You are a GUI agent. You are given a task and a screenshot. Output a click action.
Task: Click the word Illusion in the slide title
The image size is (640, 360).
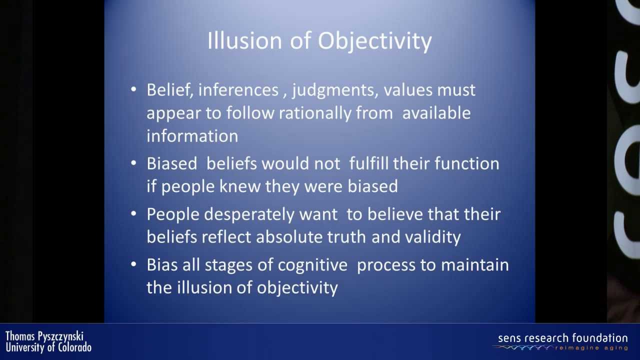(245, 40)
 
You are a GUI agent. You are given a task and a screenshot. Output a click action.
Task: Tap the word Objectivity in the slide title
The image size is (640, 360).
(374, 41)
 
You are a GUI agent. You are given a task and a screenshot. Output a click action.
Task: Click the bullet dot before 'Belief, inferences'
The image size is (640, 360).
(133, 89)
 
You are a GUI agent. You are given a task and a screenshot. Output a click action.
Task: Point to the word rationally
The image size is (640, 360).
(315, 113)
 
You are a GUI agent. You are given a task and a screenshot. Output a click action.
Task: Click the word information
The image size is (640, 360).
(192, 135)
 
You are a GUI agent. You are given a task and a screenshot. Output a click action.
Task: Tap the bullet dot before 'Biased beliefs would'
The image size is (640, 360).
(133, 163)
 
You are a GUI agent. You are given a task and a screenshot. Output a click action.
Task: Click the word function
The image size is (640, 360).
(467, 163)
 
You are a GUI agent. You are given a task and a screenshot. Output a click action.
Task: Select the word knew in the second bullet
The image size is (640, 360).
(240, 186)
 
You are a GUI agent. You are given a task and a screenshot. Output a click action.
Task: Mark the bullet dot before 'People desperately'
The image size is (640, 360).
(133, 213)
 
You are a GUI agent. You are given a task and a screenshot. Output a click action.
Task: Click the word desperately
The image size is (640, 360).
(249, 215)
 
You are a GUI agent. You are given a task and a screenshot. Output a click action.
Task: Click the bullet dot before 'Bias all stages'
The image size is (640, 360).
(133, 264)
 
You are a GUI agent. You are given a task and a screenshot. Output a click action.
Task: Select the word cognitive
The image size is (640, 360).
(312, 265)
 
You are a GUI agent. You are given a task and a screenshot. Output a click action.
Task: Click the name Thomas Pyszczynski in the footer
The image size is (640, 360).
(44, 336)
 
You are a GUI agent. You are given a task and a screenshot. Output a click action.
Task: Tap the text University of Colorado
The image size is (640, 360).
(48, 347)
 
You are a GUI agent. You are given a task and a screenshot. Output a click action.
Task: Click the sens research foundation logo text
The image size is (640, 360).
(563, 338)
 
